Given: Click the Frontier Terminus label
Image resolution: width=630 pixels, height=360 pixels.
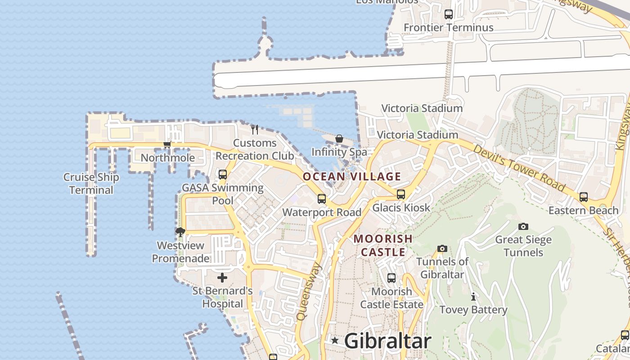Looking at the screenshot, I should [x=448, y=27].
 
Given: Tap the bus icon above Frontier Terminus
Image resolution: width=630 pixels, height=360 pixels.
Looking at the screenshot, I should [x=449, y=14].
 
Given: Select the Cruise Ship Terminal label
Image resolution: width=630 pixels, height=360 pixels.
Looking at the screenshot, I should [x=91, y=184].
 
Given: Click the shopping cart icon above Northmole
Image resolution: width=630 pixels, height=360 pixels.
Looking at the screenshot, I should [x=167, y=144].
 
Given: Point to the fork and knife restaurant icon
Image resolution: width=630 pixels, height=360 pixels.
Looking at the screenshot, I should [x=255, y=129].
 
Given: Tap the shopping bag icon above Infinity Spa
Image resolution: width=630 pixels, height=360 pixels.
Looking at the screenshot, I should [x=339, y=139].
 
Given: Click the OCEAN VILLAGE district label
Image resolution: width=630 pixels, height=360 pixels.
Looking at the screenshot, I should [x=351, y=176].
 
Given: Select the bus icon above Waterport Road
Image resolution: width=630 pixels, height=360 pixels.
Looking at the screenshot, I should [x=322, y=198].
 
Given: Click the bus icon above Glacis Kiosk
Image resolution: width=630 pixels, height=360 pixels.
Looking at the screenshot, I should [x=400, y=194].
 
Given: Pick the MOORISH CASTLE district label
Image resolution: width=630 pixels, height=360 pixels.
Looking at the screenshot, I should [x=383, y=245].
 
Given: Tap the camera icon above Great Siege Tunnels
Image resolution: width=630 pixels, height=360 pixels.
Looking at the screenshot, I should [x=523, y=226].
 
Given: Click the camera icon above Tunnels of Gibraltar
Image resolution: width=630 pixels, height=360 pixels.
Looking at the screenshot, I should [x=442, y=248].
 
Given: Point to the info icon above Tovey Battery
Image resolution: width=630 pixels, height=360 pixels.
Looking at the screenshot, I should [x=473, y=297].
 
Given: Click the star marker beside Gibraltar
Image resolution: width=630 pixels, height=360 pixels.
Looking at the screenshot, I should [x=335, y=341].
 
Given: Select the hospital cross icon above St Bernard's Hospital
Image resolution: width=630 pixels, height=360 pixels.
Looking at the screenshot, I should [x=222, y=277].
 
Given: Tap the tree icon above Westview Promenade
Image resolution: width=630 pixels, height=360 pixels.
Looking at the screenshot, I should [x=180, y=232].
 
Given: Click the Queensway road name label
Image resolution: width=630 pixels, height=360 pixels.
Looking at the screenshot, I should [x=309, y=292].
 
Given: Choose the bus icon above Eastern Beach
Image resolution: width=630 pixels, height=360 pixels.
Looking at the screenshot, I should [x=584, y=197].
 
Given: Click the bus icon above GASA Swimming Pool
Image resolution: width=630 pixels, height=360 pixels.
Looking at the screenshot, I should [x=223, y=174].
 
